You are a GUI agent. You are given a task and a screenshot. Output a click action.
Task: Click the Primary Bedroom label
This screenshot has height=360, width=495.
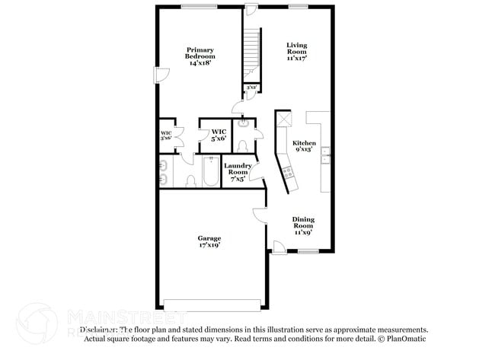point(201,57)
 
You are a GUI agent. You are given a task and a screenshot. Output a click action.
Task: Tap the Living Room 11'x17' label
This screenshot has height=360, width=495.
point(297,51)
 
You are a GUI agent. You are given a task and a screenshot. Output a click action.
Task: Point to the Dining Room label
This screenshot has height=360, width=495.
point(304,226)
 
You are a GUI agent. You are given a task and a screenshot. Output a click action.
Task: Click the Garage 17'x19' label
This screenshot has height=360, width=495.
point(209,242)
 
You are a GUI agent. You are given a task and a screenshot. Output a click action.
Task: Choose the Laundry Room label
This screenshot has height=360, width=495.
point(238,172)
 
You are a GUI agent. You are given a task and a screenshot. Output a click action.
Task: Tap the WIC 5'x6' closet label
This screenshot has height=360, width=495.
point(219,135)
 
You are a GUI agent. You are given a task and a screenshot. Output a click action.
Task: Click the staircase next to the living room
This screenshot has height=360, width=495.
point(252,53)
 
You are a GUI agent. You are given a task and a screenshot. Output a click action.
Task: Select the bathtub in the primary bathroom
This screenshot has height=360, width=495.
point(209,173)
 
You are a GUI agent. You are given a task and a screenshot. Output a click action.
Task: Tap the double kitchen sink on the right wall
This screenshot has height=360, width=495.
point(325,155)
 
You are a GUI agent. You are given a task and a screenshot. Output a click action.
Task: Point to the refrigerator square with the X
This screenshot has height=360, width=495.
point(285,118)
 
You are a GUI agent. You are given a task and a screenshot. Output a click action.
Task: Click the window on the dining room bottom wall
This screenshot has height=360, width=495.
point(308,252)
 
